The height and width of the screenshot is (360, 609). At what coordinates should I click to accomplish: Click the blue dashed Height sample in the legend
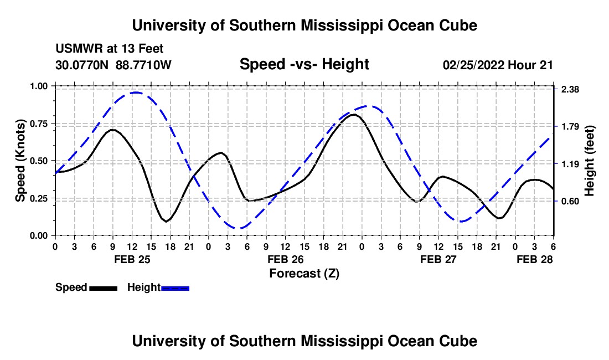175,287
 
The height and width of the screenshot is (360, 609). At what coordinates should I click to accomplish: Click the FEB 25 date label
132,259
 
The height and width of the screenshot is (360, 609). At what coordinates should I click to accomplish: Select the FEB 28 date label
535,259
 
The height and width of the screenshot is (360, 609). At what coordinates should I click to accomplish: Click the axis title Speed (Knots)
20,160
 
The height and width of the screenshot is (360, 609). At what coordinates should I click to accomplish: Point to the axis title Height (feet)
589,161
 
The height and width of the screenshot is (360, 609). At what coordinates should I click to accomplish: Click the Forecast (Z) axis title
304,273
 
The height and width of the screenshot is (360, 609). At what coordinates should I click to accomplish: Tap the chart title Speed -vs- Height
304,65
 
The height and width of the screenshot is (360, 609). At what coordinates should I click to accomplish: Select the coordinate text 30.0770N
83,65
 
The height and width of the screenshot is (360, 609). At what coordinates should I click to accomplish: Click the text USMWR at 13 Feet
109,49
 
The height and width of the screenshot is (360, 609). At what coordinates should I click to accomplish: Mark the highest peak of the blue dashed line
135,92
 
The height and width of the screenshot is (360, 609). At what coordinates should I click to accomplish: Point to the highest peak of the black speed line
353,115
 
